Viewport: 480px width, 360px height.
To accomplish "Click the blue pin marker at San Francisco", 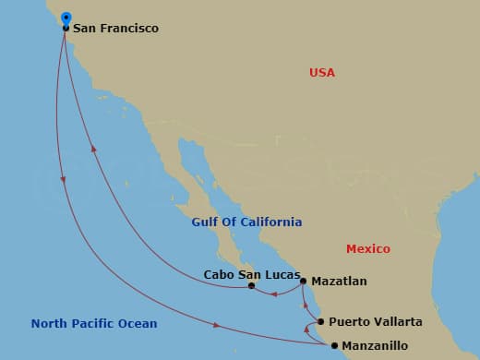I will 66,18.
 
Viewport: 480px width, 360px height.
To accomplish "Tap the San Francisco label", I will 115,29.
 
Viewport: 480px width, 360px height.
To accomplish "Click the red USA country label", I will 322,73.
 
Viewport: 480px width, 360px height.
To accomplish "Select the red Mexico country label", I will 368,249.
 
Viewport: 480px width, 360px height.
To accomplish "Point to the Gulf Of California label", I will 246,222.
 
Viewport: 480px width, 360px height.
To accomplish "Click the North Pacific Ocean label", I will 94,324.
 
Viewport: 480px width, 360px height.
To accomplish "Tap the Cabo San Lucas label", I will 252,274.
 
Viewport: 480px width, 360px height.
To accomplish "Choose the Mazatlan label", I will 340,281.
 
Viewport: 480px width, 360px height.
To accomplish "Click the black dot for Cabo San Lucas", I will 251,286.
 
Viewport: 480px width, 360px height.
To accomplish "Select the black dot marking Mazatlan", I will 304,280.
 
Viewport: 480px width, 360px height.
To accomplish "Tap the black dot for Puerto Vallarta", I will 320,322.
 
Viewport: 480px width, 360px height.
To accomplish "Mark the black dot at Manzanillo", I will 334,346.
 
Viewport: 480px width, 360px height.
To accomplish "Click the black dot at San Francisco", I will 66,29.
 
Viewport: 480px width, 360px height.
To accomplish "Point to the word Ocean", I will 138,324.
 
